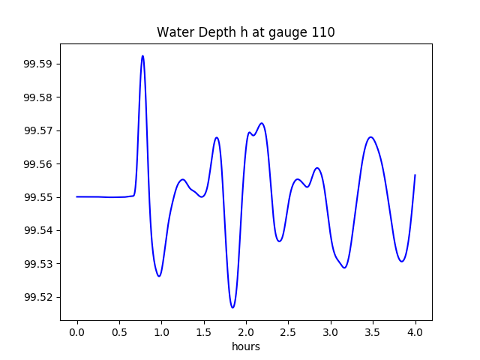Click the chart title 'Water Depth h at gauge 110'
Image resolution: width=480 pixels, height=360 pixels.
point(245,32)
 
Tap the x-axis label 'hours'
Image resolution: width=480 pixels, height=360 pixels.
point(245,346)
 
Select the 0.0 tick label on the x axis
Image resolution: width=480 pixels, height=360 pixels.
point(77,331)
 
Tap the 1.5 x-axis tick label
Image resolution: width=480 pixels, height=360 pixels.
point(204,331)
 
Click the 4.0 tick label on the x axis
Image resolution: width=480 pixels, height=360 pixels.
point(415,331)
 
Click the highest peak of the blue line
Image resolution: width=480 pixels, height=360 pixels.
point(142,55)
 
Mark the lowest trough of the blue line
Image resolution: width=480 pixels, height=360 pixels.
point(232,307)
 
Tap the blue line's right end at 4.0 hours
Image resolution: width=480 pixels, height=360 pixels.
point(415,175)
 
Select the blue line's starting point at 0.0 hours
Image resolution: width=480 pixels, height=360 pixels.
point(77,196)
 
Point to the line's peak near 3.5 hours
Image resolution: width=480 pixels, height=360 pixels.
point(370,137)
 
